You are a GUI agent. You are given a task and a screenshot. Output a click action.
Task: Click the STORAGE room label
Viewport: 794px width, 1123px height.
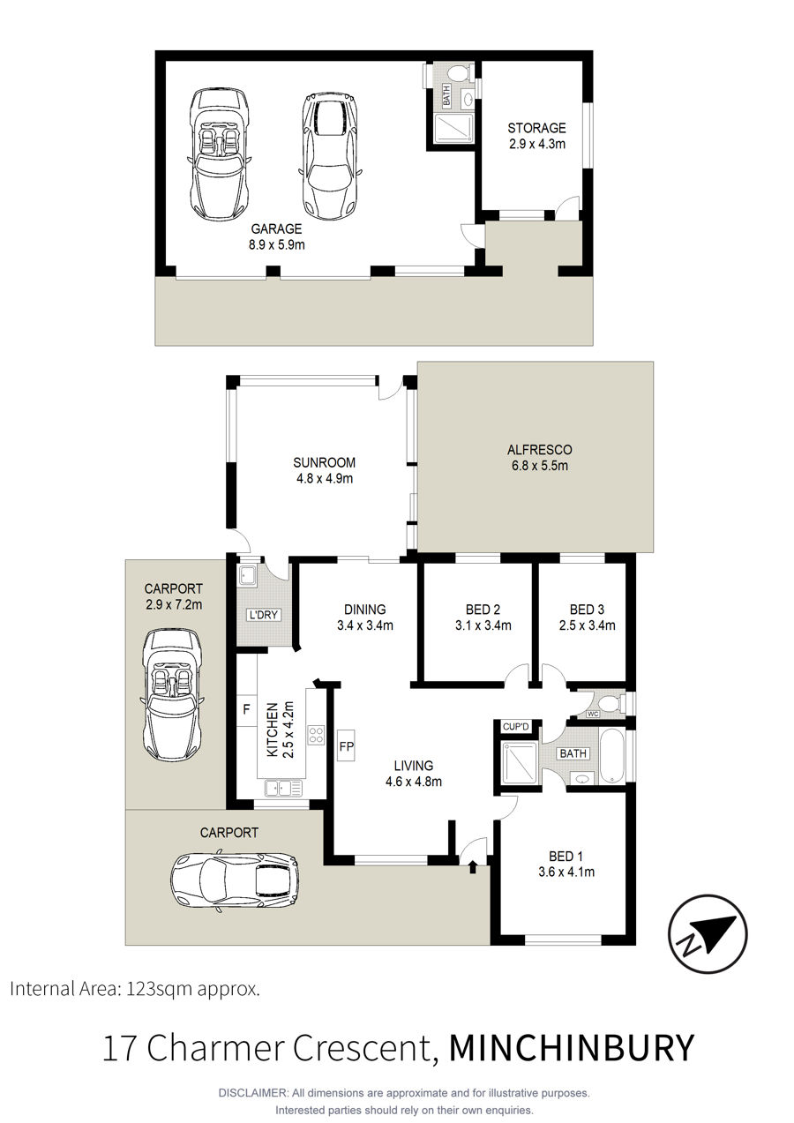pyautogui.click(x=536, y=128)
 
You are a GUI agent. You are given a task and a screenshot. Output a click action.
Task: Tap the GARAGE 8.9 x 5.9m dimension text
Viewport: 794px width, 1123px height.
pyautogui.click(x=277, y=245)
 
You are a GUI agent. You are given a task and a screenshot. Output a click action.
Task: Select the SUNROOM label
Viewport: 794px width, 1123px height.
pyautogui.click(x=325, y=462)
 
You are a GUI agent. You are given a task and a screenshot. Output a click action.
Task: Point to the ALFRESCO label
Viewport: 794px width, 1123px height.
pyautogui.click(x=539, y=449)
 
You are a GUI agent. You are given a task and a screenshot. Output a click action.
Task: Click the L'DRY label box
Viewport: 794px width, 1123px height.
pyautogui.click(x=264, y=615)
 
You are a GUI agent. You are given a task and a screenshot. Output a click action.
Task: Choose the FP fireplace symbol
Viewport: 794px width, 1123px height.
pyautogui.click(x=347, y=746)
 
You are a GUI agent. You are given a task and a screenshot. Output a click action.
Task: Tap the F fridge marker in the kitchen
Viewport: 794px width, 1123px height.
pyautogui.click(x=246, y=709)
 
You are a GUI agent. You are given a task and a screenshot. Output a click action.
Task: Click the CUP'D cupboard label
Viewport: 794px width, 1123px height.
pyautogui.click(x=515, y=726)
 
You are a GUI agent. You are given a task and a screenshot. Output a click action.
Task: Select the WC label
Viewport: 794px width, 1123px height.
pyautogui.click(x=593, y=714)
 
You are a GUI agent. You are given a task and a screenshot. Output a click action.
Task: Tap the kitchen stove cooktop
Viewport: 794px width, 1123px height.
pyautogui.click(x=317, y=735)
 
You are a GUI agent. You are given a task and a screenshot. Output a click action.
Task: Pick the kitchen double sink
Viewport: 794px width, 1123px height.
pyautogui.click(x=284, y=789)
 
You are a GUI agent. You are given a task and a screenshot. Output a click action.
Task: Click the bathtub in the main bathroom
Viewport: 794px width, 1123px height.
pyautogui.click(x=611, y=756)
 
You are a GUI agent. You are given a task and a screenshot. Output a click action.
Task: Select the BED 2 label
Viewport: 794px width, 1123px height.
pyautogui.click(x=483, y=610)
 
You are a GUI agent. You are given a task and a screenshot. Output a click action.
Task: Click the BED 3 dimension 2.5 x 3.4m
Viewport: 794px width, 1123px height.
pyautogui.click(x=587, y=625)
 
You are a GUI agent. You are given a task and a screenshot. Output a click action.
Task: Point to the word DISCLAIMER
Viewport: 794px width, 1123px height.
pyautogui.click(x=252, y=1093)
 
